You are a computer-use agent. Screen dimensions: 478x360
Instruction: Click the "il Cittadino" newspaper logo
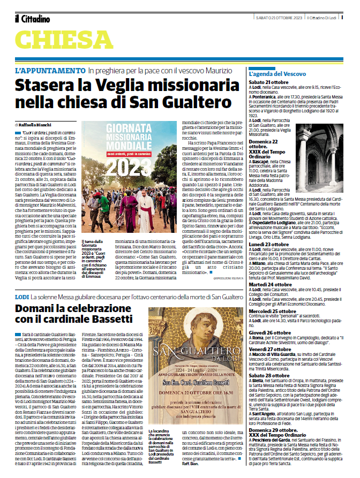(x=33, y=19)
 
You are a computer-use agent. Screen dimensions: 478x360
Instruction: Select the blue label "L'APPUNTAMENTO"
(x=50, y=71)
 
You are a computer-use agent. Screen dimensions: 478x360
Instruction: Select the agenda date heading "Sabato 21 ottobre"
(x=269, y=81)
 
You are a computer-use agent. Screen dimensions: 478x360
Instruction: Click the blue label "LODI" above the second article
(x=22, y=296)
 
